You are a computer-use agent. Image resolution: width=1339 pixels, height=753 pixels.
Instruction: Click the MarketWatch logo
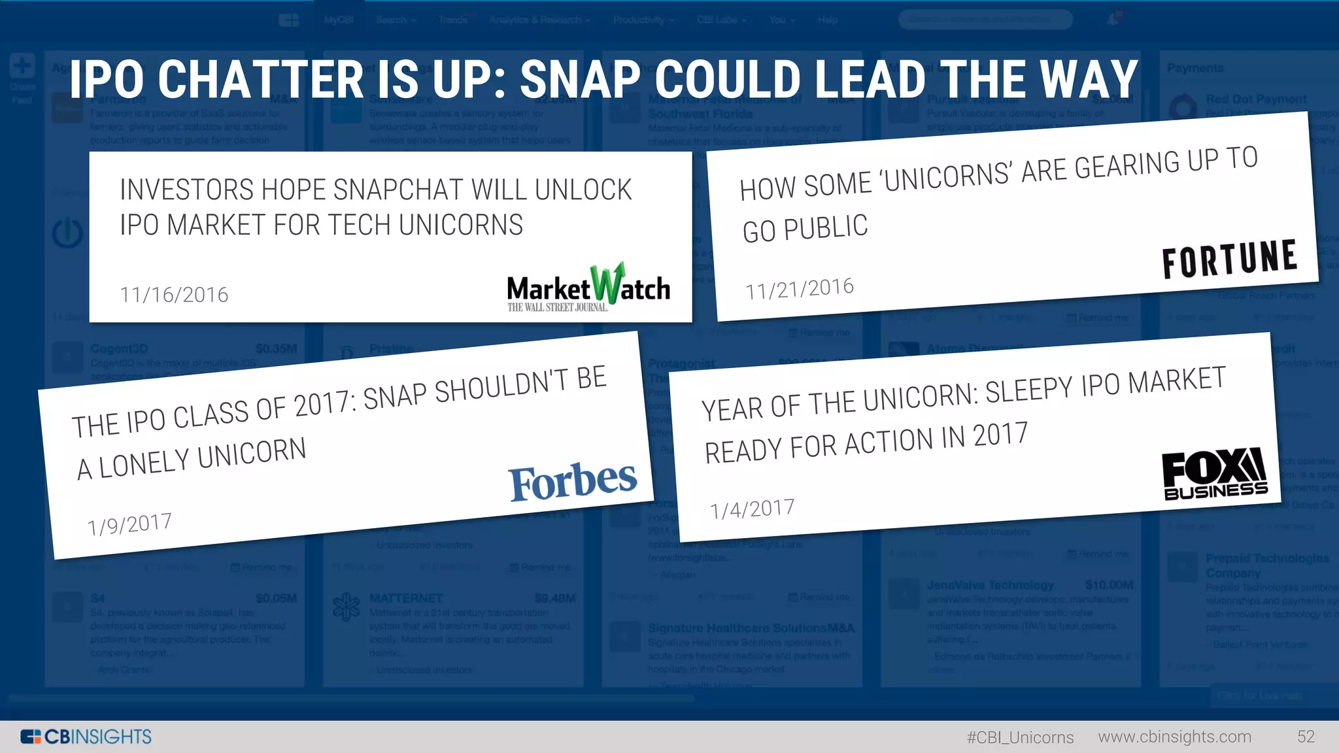(588, 288)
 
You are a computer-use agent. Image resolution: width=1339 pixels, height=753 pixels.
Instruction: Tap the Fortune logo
(1229, 259)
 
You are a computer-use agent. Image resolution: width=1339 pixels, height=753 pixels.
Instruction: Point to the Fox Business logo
(1215, 473)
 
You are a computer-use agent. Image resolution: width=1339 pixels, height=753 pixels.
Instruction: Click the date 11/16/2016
(174, 295)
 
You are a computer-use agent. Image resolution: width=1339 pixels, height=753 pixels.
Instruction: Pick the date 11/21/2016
(800, 288)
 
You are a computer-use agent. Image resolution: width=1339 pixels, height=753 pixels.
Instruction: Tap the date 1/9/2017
(129, 524)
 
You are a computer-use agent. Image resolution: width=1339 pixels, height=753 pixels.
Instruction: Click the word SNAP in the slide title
(580, 80)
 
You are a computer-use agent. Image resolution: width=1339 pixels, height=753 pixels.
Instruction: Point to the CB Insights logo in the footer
(86, 737)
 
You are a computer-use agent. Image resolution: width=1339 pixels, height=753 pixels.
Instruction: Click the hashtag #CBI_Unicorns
(1020, 737)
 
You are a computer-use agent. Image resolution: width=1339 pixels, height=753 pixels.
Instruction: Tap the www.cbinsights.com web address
(1174, 737)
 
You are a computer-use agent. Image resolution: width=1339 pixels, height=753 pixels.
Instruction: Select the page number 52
(1306, 737)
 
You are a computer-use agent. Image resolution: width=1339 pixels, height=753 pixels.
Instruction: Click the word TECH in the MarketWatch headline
(360, 226)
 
